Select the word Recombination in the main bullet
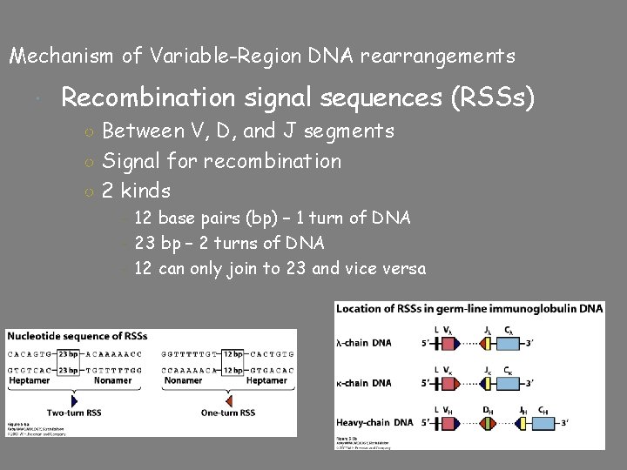pyautogui.click(x=148, y=97)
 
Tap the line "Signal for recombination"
pyautogui.click(x=221, y=161)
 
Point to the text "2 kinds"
pyautogui.click(x=136, y=190)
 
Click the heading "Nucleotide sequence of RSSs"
pyautogui.click(x=77, y=336)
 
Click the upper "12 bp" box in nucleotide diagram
pyautogui.click(x=232, y=354)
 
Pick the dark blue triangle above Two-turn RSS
pyautogui.click(x=74, y=400)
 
